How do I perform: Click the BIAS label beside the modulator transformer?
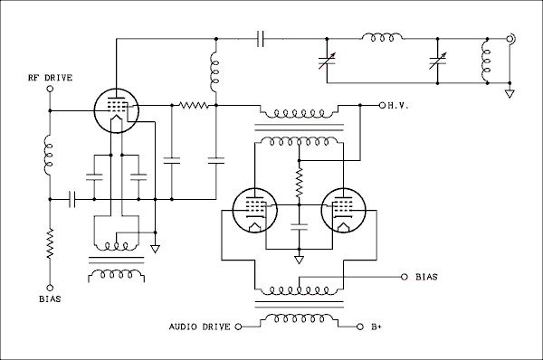pos(426,276)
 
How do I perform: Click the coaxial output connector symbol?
pos(512,39)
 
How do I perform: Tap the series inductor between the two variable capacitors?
pos(382,39)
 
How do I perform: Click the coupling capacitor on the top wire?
pos(262,39)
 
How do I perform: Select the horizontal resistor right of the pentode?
pos(193,106)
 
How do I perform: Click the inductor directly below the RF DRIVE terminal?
pos(49,155)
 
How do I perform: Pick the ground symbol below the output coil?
pos(510,92)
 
